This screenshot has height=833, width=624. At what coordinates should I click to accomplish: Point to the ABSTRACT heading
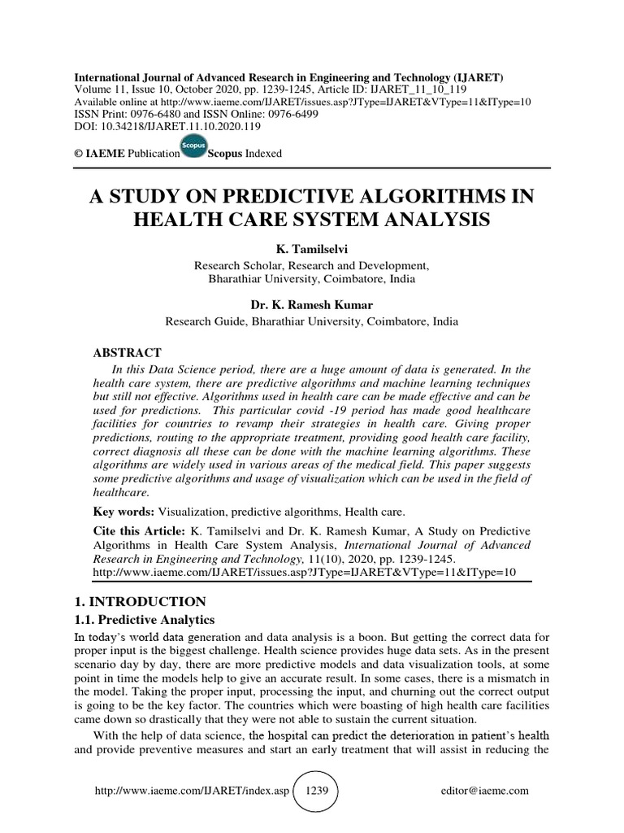pyautogui.click(x=129, y=353)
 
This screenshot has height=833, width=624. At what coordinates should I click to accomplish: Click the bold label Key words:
pyautogui.click(x=124, y=512)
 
